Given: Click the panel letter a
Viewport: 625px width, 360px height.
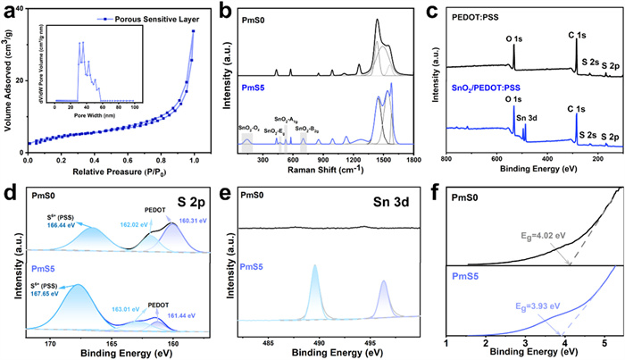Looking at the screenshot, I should click(x=8, y=11).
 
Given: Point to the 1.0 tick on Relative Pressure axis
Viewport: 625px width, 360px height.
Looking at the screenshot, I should click(x=194, y=162).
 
